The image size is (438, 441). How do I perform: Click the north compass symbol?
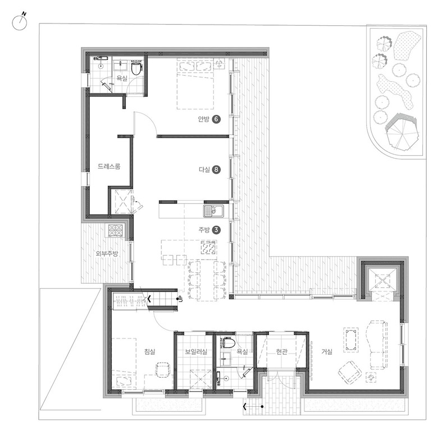[20, 22]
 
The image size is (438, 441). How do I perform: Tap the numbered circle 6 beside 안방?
[216, 119]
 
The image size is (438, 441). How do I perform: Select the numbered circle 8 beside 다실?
[216, 170]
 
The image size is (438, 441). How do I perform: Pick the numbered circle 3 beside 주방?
[216, 230]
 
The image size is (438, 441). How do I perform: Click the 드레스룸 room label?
[109, 166]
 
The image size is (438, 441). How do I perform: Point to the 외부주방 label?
[107, 254]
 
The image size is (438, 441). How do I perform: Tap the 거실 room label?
[327, 351]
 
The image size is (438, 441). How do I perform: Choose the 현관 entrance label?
[281, 351]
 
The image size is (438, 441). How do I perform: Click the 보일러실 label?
[196, 351]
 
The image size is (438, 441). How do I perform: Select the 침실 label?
[150, 351]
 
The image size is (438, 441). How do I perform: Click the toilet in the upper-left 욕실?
[136, 68]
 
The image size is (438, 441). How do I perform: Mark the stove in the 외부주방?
[116, 230]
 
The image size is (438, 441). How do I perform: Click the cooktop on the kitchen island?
[208, 248]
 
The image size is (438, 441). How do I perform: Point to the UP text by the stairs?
[180, 299]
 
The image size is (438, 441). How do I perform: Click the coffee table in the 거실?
[351, 340]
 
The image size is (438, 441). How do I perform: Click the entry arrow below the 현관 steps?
[253, 406]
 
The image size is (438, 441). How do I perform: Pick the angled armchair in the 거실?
[350, 373]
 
